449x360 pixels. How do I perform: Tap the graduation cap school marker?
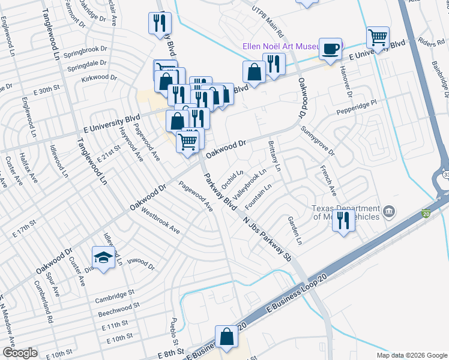(x=103, y=258)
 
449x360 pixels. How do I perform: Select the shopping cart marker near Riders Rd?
(x=378, y=38)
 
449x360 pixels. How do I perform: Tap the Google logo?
(x=19, y=353)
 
